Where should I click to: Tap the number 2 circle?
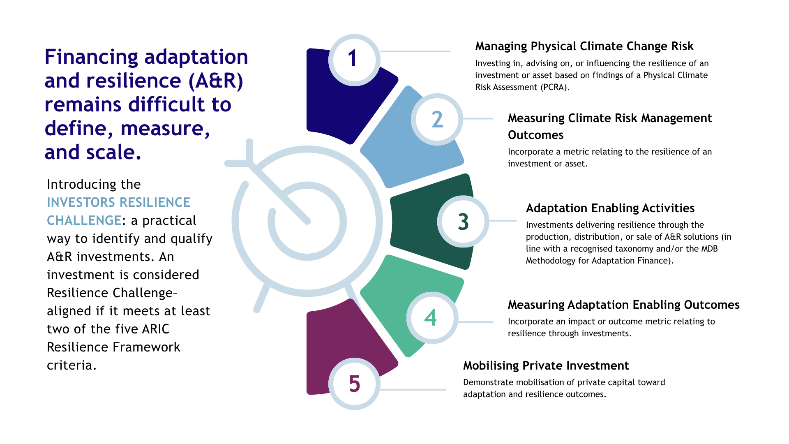[437, 119]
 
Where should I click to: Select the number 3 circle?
[463, 221]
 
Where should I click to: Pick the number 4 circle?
[431, 318]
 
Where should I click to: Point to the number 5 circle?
[354, 384]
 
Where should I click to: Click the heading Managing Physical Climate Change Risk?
[584, 46]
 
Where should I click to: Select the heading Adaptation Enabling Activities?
[610, 208]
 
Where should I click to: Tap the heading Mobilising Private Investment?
[546, 365]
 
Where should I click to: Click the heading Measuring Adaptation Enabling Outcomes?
[623, 305]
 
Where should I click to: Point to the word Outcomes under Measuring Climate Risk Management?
[535, 135]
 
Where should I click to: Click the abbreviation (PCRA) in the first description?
[554, 87]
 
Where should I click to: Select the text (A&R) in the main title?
[215, 81]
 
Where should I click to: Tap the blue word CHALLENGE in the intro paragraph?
[84, 220]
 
